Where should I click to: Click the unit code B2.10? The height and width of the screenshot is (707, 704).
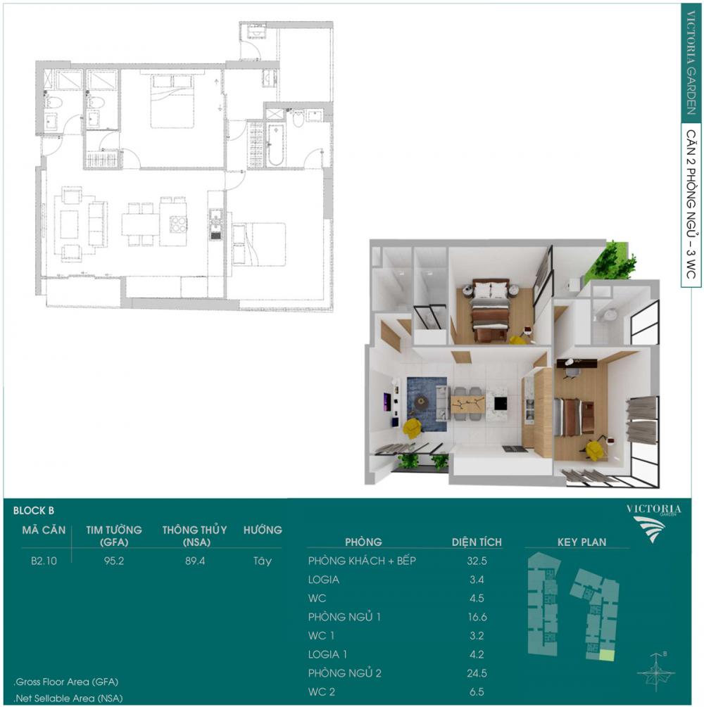coord(44,561)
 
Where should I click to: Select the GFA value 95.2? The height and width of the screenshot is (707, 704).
coord(114,561)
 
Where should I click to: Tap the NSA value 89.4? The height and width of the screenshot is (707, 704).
coord(195,561)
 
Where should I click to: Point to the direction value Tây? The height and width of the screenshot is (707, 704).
coord(262,561)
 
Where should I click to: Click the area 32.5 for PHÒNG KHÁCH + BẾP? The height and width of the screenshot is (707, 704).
coord(477,561)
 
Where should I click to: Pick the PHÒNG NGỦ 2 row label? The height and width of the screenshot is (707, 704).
coord(345,673)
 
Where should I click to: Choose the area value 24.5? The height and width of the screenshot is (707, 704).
coord(477,673)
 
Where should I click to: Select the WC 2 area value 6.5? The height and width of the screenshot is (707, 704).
coord(477,692)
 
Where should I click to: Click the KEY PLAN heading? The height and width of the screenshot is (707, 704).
coord(582,542)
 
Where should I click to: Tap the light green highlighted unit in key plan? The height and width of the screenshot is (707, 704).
coord(607,656)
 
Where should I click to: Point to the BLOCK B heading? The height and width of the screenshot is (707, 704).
coord(33,511)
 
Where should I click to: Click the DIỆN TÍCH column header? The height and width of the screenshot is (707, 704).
coord(477,542)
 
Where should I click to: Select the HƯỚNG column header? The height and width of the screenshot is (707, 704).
coord(263,530)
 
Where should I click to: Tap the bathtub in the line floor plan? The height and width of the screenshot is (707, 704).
coord(275,144)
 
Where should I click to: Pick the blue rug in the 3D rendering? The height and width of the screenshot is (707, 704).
coord(427,404)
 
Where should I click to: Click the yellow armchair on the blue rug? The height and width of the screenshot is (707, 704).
coord(413,428)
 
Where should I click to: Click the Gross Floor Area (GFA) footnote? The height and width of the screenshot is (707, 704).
coord(66,682)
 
